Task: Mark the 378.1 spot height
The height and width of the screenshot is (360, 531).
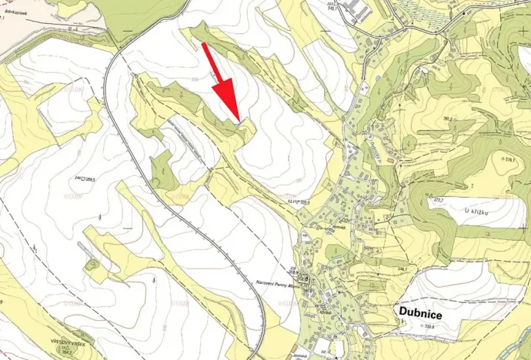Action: pyautogui.click(x=508, y=159)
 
